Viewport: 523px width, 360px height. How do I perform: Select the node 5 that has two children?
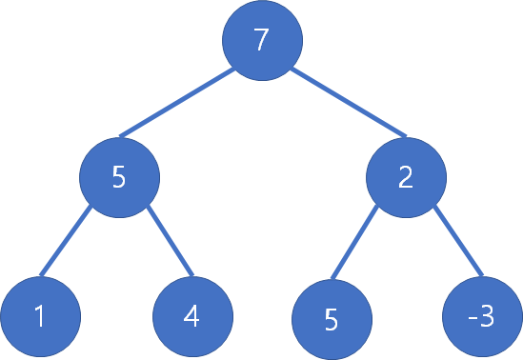119,177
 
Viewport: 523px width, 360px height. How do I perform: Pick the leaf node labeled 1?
39,316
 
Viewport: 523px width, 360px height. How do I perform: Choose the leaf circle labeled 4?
192,316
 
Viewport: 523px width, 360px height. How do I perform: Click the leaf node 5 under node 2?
331,318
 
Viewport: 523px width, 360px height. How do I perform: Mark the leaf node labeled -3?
482,316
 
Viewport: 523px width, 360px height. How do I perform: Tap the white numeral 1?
39,317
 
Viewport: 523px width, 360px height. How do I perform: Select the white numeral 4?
192,317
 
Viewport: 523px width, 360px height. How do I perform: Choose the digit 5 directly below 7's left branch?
119,178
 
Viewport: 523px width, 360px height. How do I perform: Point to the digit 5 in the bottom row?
331,319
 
